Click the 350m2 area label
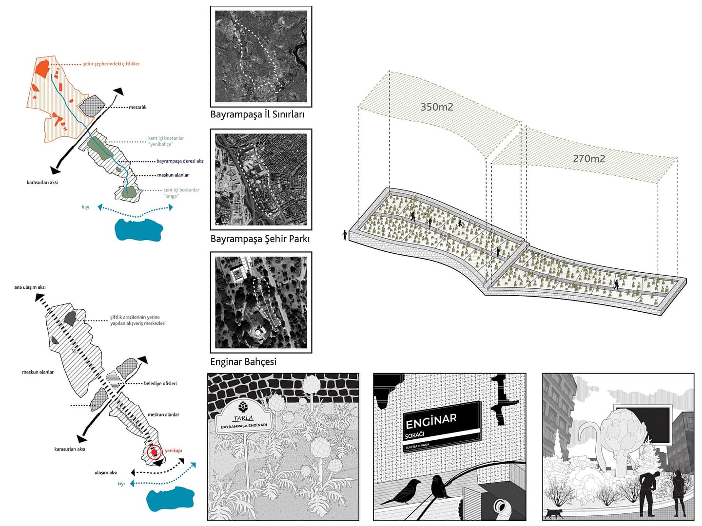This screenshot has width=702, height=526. click(x=436, y=107)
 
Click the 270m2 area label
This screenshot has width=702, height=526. click(x=589, y=158)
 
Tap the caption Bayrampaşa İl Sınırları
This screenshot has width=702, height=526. click(x=257, y=114)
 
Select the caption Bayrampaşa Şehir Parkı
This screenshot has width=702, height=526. click(x=260, y=239)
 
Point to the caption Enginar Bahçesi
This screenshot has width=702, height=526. click(x=243, y=361)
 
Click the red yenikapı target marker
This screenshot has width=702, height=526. click(x=154, y=453)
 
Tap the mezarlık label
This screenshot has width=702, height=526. click(x=137, y=107)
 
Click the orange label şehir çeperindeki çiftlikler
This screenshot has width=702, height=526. click(x=111, y=64)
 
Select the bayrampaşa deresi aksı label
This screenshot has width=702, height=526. click(x=180, y=161)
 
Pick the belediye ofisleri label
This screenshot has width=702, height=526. click(x=160, y=383)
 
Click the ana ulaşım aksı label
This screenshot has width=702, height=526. click(x=30, y=287)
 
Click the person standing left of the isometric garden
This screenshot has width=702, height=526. click(x=345, y=235)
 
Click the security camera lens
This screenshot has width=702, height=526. click(x=501, y=507)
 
